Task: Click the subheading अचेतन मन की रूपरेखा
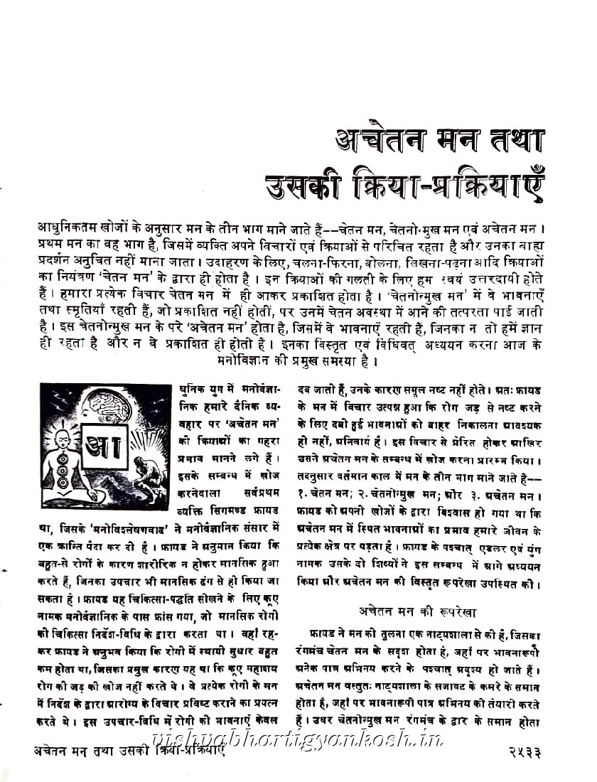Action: point(417,611)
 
